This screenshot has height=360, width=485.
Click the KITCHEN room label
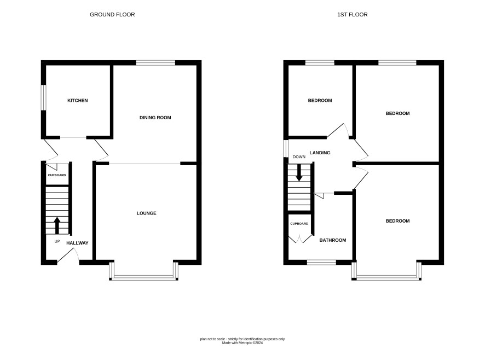[78, 101]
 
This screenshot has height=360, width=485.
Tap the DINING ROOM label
[155, 118]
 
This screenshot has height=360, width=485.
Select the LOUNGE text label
[147, 213]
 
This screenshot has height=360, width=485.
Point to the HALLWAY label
[77, 243]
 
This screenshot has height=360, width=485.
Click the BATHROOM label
[333, 240]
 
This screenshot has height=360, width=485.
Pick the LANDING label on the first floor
[320, 153]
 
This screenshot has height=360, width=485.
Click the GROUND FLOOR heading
[112, 15]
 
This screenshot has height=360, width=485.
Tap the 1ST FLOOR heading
[353, 15]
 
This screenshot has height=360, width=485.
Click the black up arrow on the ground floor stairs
[57, 225]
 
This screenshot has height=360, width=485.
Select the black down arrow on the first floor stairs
[299, 172]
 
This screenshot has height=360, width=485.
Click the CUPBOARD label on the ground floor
[57, 176]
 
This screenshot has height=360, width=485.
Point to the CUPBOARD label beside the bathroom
[299, 224]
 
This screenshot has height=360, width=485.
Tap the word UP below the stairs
[57, 241]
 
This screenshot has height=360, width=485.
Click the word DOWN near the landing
[299, 157]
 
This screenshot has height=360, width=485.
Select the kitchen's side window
[44, 97]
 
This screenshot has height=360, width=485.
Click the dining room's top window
[155, 63]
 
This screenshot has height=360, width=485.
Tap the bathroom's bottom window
[321, 263]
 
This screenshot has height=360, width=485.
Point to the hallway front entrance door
[67, 256]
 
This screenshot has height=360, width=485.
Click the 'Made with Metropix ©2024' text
[242, 343]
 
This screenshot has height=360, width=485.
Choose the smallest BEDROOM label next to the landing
[320, 101]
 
